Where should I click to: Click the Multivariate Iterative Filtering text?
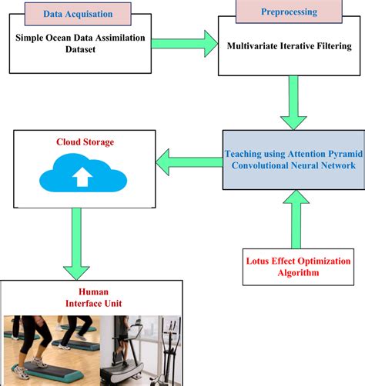[x=289, y=46]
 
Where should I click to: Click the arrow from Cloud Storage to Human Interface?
[x=76, y=243]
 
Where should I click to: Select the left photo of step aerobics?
[x=52, y=350]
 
